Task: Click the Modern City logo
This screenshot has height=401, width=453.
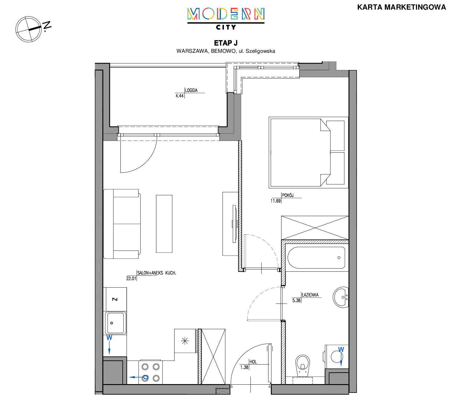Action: coord(226,19)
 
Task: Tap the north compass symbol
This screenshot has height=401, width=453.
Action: coord(31,29)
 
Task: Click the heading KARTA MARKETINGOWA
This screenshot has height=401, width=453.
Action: coord(401,7)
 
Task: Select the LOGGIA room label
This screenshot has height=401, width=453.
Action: coord(191,91)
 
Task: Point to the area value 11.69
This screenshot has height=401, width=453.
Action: coord(276,201)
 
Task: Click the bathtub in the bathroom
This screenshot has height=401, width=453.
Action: coord(316,258)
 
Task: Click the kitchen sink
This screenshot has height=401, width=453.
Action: coord(115,323)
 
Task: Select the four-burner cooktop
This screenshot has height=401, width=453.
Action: coord(150,372)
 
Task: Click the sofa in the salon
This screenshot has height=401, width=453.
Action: coord(122,224)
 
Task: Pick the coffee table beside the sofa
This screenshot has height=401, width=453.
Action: coord(164,224)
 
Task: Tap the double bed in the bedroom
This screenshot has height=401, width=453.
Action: coord(308,152)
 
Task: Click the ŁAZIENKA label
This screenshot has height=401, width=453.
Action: coord(310,295)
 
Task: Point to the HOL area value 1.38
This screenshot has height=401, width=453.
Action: coord(244,367)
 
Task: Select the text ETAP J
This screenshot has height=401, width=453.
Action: coord(226,43)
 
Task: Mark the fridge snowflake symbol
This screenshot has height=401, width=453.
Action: coord(185,341)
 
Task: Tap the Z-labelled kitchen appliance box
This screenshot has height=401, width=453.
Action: coord(115,299)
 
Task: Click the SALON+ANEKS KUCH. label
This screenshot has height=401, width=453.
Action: coord(157,273)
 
